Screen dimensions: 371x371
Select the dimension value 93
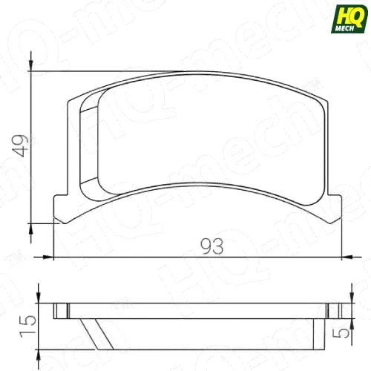212,246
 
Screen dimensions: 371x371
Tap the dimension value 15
27,326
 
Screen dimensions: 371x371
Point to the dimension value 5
342,333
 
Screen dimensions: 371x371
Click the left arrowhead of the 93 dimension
48,257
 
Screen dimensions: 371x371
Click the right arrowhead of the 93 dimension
347,257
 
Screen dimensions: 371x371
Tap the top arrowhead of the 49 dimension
31,66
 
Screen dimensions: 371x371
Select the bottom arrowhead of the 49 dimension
31,229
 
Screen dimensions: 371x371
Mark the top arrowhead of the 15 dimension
39,298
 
